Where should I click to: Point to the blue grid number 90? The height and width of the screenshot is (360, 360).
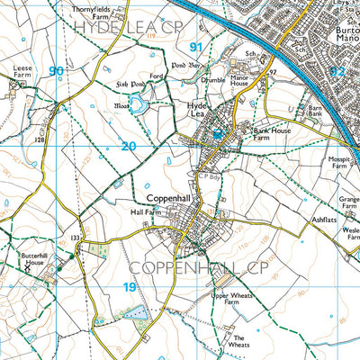[57, 70]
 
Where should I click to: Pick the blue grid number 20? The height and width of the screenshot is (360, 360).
[129, 146]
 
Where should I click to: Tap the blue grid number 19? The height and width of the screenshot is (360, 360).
[129, 287]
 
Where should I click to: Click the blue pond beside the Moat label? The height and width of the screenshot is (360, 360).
[139, 107]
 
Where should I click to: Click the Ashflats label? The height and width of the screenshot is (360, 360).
[324, 219]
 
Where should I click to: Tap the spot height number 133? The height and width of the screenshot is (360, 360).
[77, 238]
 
